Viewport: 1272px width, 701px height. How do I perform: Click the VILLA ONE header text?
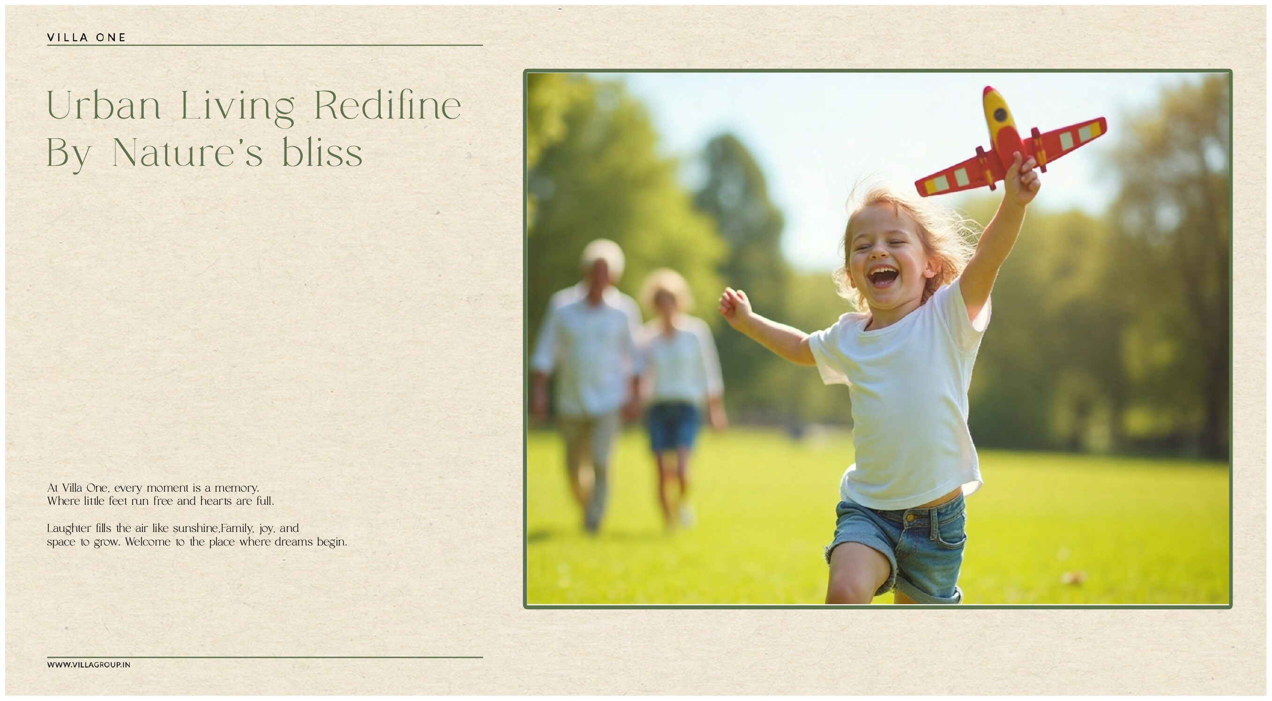coord(86,37)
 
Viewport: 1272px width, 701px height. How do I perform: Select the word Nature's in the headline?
coord(187,151)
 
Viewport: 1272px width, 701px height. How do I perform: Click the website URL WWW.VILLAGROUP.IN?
coord(89,664)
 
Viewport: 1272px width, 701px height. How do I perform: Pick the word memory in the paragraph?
coord(237,488)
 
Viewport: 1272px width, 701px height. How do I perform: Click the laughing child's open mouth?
coord(883,276)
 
